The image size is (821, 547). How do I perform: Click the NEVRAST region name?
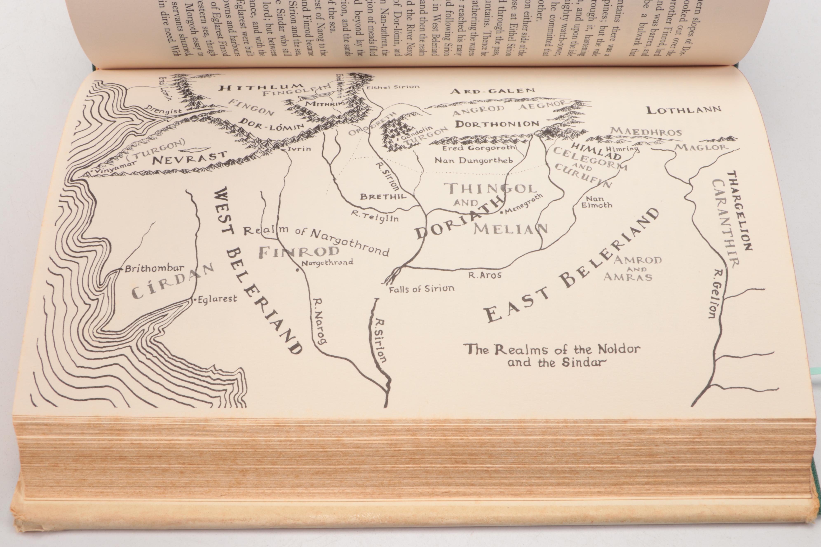pyautogui.click(x=190, y=158)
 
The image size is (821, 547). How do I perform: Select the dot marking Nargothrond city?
pyautogui.click(x=297, y=270)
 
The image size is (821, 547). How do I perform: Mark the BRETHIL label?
pyautogui.click(x=383, y=196)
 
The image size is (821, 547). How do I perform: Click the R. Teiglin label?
pyautogui.click(x=375, y=217)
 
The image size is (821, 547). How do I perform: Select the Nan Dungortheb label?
pyautogui.click(x=473, y=160)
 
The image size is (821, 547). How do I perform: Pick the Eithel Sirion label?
pyautogui.click(x=393, y=87)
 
